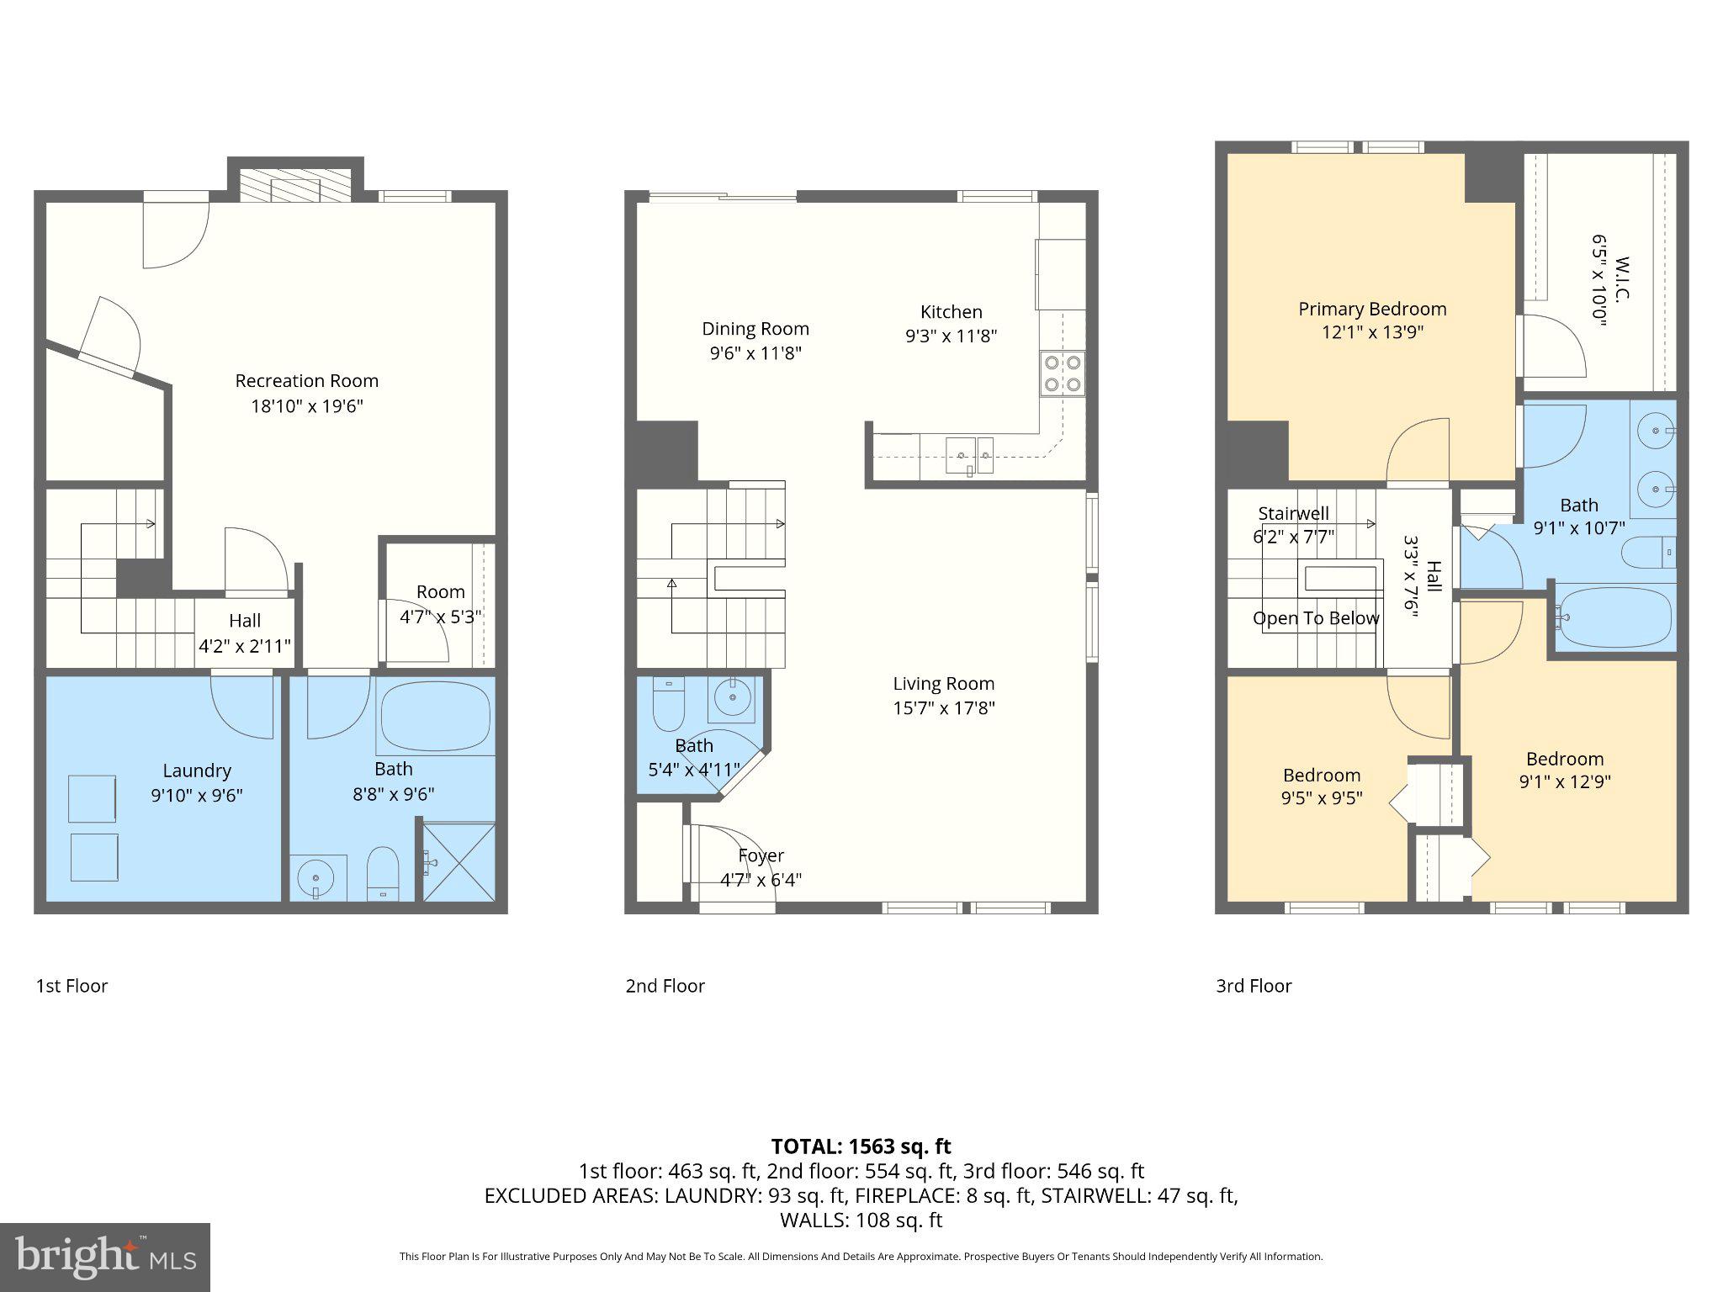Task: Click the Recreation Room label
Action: pos(306,381)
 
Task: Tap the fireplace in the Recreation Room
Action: pos(294,186)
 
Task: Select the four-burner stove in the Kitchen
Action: pos(1062,374)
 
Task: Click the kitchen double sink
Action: pos(969,455)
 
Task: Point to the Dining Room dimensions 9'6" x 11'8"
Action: pos(755,353)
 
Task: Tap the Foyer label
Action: pos(761,855)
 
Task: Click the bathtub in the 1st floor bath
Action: pos(435,716)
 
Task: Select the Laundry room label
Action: pos(196,770)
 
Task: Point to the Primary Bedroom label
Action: pos(1371,309)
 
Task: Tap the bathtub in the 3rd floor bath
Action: pos(1613,617)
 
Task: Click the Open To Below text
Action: pos(1315,618)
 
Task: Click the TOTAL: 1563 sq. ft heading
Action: pos(861,1146)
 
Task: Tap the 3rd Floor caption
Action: pos(1253,986)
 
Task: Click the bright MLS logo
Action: pos(104,1257)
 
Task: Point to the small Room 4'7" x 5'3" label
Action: pos(440,592)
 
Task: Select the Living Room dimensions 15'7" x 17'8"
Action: pos(943,708)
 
